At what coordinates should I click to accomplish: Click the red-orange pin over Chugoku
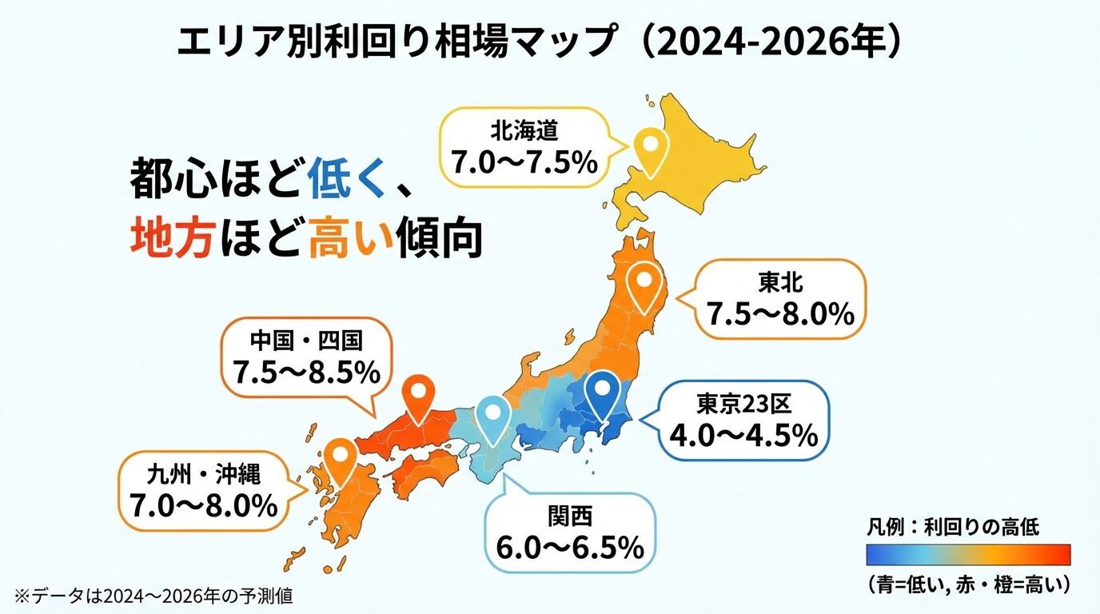(x=420, y=397)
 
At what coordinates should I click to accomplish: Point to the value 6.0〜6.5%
(x=569, y=548)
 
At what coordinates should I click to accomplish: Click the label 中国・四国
(x=306, y=341)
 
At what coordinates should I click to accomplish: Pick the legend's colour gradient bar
(x=968, y=554)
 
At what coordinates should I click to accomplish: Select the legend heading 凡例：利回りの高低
(x=952, y=527)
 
